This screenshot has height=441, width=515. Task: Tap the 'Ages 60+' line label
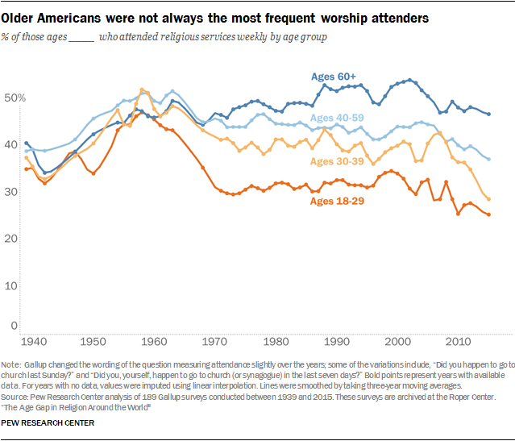(x=334, y=77)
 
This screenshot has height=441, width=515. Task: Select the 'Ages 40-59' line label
(x=337, y=119)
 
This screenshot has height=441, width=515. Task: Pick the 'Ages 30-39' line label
(x=337, y=161)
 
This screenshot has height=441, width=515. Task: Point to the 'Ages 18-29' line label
(x=337, y=200)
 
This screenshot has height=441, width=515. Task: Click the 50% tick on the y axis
(x=16, y=98)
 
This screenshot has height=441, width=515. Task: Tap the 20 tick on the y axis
(x=14, y=239)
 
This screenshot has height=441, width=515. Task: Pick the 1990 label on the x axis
(x=335, y=341)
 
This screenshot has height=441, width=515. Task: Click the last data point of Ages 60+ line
(x=489, y=114)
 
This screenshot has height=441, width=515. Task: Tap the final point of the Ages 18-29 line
(x=489, y=214)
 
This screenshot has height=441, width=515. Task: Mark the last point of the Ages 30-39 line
(x=489, y=199)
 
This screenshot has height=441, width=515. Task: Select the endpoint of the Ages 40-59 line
(x=489, y=159)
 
